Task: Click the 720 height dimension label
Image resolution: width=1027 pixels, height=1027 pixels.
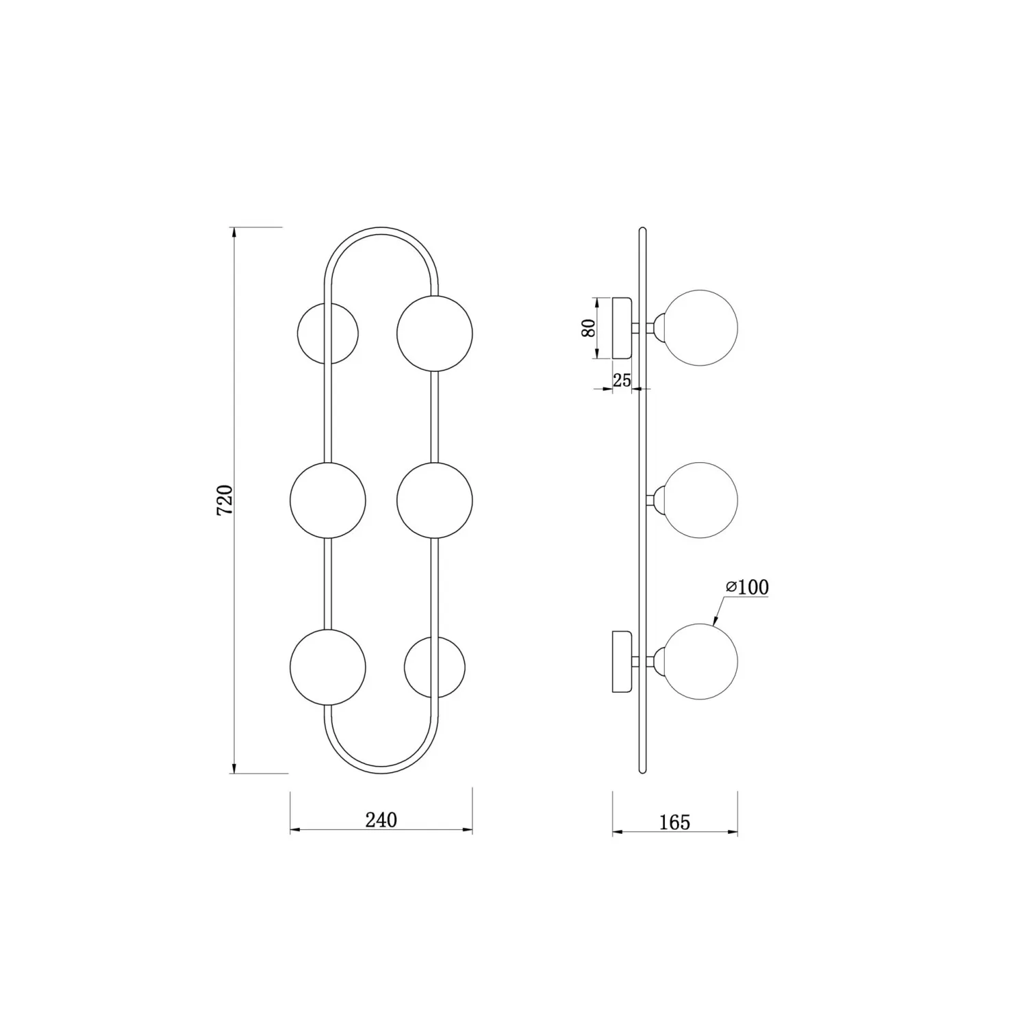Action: click(x=225, y=500)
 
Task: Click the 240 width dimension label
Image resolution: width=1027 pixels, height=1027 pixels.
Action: click(x=381, y=820)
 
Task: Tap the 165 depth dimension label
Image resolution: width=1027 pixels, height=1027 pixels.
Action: click(x=675, y=822)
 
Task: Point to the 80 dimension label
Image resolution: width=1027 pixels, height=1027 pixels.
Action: click(x=587, y=328)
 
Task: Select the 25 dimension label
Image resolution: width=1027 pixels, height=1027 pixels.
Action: click(x=622, y=381)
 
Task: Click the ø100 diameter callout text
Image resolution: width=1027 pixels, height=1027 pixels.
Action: click(x=747, y=587)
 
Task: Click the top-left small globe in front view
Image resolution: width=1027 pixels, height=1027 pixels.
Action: click(x=327, y=333)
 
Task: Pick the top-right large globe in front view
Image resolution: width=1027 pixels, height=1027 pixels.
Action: click(x=435, y=333)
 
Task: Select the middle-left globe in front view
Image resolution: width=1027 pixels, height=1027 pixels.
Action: click(x=328, y=500)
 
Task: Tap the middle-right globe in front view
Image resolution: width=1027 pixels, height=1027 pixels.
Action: click(x=435, y=500)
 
